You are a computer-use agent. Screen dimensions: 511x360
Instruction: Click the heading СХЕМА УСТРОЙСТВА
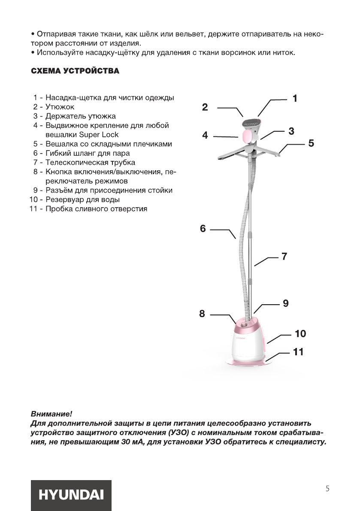75,71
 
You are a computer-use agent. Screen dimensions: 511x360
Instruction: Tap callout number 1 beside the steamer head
295,98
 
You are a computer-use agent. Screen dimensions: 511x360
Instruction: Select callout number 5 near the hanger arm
311,143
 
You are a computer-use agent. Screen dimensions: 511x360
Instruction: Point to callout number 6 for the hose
203,229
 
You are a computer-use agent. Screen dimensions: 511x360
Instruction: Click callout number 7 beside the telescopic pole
284,257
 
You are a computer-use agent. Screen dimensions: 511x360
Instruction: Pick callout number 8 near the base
202,314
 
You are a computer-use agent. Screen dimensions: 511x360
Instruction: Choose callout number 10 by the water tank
300,333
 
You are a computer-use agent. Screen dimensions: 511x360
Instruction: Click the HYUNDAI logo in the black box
71,495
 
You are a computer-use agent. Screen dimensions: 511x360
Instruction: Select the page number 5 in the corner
327,488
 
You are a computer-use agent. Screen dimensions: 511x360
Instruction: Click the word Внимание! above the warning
51,414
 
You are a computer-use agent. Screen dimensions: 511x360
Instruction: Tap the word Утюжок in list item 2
60,107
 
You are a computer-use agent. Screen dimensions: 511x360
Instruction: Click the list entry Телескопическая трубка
90,163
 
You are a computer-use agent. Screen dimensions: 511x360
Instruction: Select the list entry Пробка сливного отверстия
96,209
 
